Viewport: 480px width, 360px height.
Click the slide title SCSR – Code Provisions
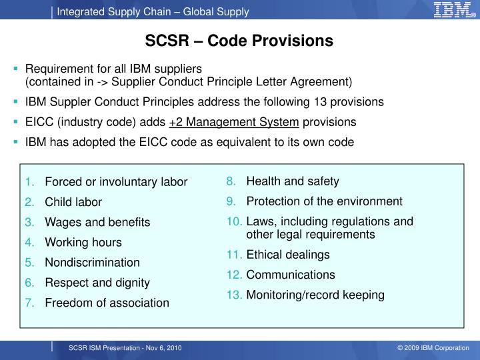[239, 41]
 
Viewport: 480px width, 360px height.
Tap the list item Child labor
[73, 202]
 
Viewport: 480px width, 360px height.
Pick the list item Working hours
[83, 242]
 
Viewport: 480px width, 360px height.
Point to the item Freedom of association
[107, 303]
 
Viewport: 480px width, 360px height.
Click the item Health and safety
[293, 181]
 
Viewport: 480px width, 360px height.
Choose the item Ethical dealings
[288, 255]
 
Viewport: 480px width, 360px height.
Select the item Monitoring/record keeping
[315, 295]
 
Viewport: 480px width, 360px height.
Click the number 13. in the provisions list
[234, 295]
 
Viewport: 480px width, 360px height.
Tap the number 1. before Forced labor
[31, 182]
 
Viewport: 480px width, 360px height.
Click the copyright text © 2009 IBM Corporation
[433, 349]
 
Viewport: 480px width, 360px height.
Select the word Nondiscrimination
[92, 262]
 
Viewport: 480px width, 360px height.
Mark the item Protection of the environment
[324, 201]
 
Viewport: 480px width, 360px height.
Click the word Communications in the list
[291, 275]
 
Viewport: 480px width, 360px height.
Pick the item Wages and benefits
[97, 222]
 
